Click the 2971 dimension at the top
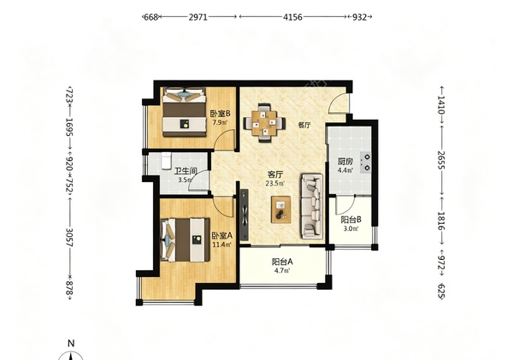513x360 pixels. click(x=198, y=17)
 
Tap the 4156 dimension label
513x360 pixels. click(x=292, y=17)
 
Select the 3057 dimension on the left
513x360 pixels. click(x=69, y=237)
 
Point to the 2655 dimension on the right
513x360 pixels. click(x=441, y=160)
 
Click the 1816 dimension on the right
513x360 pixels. click(x=441, y=221)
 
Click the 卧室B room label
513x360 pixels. click(x=221, y=114)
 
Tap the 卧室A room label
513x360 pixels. click(x=222, y=236)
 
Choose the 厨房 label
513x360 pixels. click(x=345, y=162)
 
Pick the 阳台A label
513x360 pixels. click(x=282, y=262)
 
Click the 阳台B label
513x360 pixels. click(x=351, y=220)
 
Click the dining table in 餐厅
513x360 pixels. click(x=264, y=123)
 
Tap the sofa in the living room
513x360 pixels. click(x=312, y=206)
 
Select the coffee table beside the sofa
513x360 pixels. click(x=281, y=210)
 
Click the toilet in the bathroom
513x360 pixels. click(x=167, y=161)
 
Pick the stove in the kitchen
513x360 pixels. click(x=366, y=162)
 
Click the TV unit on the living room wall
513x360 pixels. click(x=244, y=215)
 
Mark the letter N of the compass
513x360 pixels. click(x=71, y=343)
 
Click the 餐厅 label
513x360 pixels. click(x=304, y=125)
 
